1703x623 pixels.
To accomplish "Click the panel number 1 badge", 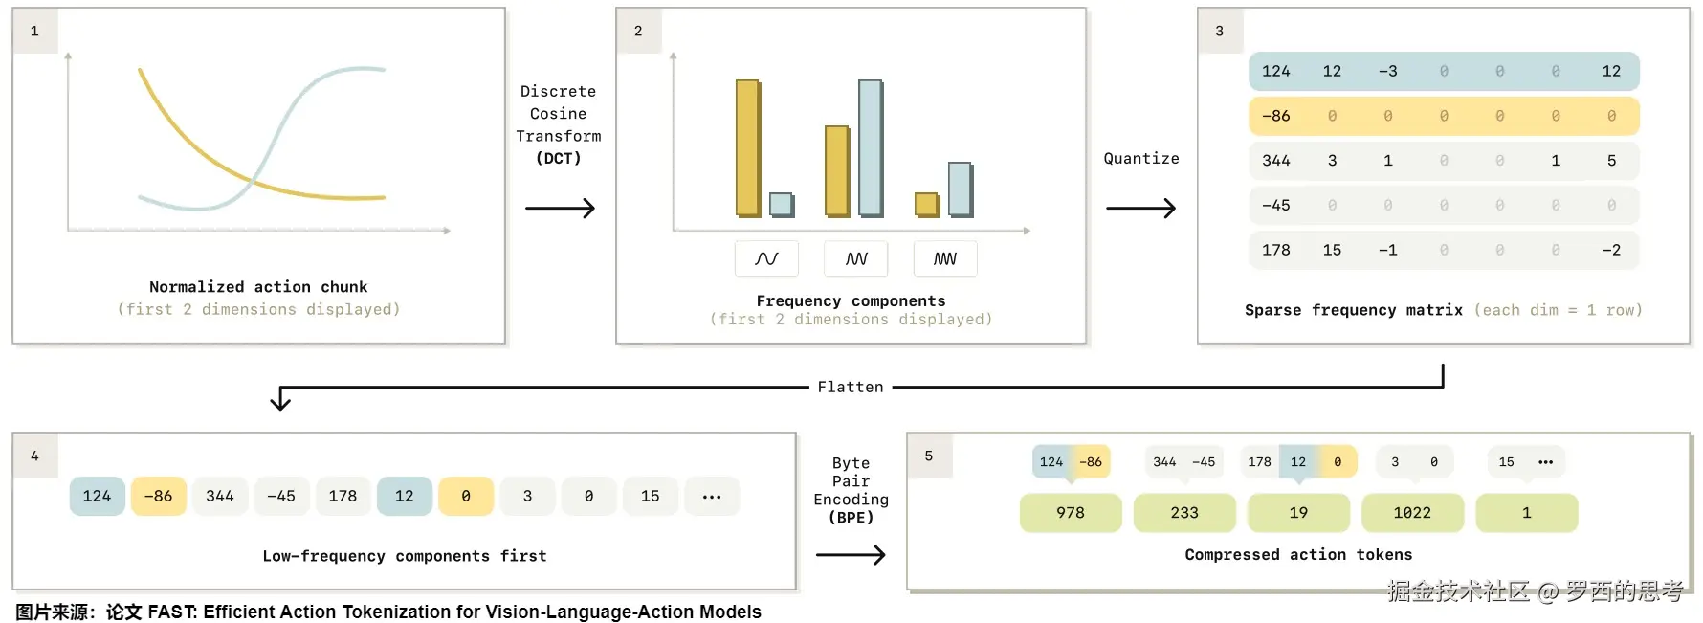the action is point(35,31).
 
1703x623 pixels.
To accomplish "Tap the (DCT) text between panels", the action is point(559,158).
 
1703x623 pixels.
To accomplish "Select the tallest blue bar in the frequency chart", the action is point(871,148).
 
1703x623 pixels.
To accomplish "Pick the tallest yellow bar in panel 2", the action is point(748,148).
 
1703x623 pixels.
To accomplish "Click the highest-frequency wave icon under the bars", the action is point(945,258).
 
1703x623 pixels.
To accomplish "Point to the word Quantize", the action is point(1141,158).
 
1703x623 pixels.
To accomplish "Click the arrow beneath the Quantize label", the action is point(1141,208).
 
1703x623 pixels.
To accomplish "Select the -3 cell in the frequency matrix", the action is point(1388,71).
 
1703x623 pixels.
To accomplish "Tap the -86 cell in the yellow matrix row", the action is point(1275,116).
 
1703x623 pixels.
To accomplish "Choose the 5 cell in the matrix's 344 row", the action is point(1611,161).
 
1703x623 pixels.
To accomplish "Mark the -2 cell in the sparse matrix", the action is point(1611,250).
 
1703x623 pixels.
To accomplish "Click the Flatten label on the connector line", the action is point(851,387).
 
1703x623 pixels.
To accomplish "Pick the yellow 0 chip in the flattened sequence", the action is point(466,496).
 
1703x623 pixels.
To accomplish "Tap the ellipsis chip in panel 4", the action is point(712,496).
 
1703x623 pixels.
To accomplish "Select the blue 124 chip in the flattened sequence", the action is point(97,496).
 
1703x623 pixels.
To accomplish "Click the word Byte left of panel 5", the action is point(851,463).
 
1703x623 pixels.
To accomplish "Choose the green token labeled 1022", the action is point(1412,513).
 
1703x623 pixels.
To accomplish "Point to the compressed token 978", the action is point(1071,513).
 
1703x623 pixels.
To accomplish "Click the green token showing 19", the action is point(1298,513).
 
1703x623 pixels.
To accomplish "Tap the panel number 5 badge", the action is point(929,456).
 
